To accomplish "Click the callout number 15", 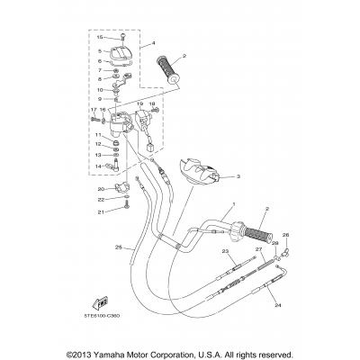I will (x=100, y=37).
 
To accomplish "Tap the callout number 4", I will (x=154, y=43).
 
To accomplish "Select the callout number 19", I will (x=140, y=104).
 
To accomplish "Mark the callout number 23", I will (x=225, y=253).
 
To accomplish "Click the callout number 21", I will (x=102, y=211).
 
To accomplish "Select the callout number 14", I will (x=97, y=166).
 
